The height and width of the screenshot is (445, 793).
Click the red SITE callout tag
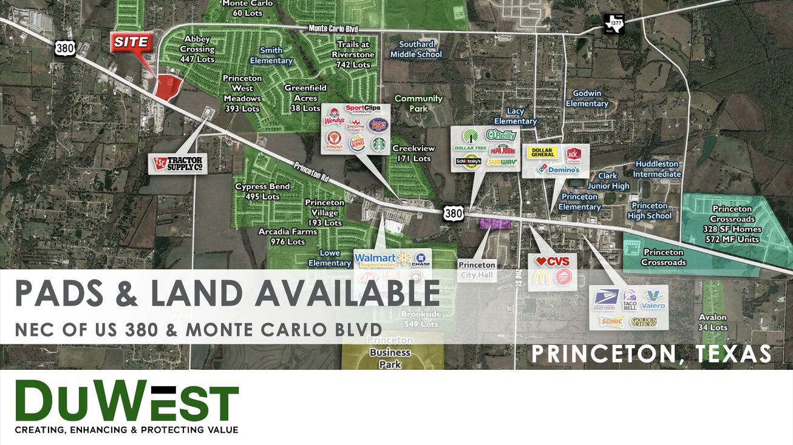131,42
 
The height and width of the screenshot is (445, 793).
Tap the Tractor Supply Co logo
178,163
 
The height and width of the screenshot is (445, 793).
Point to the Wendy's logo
334,117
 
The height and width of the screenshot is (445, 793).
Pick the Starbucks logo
378,144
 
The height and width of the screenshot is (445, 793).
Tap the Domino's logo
559,170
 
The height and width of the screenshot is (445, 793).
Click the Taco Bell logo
630,299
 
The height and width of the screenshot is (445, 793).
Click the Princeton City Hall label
477,270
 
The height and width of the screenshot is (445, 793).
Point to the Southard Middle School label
416,49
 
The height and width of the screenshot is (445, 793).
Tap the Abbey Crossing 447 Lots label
197,49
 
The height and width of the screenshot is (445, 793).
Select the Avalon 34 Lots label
713,323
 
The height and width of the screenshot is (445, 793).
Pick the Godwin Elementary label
587,98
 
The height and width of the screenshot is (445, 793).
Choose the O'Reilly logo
500,135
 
